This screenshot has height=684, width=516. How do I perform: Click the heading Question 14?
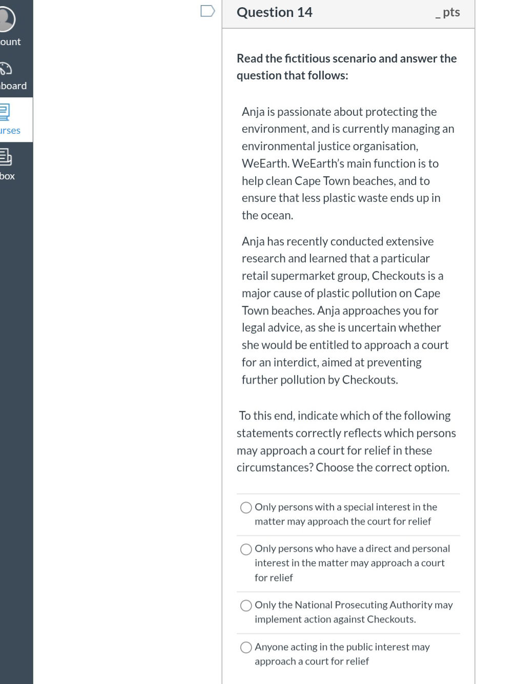(x=274, y=12)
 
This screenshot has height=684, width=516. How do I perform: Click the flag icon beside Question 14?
(x=208, y=11)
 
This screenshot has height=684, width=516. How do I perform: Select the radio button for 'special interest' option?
(x=246, y=507)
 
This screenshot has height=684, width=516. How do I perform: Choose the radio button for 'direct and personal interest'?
(x=246, y=549)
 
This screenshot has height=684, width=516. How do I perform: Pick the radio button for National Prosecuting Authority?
(x=246, y=606)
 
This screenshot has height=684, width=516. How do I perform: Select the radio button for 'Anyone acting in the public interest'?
(x=246, y=648)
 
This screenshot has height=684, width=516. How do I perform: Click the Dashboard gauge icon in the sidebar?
(x=6, y=69)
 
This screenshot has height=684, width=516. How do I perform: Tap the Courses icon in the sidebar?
(x=5, y=112)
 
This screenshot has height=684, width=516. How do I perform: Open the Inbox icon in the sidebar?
(x=5, y=157)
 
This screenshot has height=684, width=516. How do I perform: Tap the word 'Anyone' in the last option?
(x=271, y=647)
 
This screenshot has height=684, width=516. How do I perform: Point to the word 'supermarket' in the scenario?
(x=302, y=276)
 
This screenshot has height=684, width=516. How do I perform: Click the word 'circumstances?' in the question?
(x=275, y=468)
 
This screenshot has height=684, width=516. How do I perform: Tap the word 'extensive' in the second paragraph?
(x=409, y=241)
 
